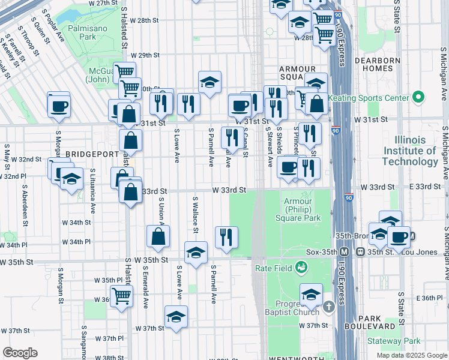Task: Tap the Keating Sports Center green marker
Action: pyautogui.click(x=420, y=97)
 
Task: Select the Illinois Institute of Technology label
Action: pyautogui.click(x=410, y=150)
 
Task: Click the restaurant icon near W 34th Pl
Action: pyautogui.click(x=226, y=236)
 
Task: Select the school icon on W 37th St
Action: pyautogui.click(x=176, y=317)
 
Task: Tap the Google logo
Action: pyautogui.click(x=20, y=353)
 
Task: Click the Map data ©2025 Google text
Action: pyautogui.click(x=411, y=355)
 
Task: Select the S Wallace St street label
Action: pyautogui.click(x=195, y=214)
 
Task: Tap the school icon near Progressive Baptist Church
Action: pyautogui.click(x=311, y=294)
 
